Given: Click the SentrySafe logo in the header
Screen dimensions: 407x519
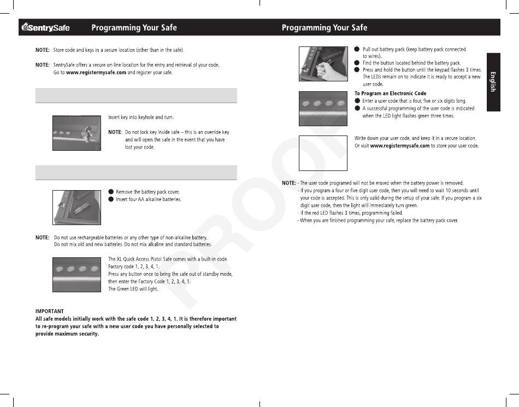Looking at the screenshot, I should (x=46, y=27).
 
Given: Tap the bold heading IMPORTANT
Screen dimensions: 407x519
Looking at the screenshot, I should (x=50, y=311).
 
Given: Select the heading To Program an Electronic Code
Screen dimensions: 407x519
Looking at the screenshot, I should (x=390, y=94).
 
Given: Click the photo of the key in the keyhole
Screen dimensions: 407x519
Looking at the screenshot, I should (x=76, y=133).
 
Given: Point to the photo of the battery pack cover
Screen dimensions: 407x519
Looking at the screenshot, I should (x=76, y=207).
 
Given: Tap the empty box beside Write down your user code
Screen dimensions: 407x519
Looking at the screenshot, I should (x=323, y=153).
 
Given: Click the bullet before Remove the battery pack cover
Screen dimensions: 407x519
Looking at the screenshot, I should (x=111, y=192).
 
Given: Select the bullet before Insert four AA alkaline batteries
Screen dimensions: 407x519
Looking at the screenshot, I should (x=111, y=199).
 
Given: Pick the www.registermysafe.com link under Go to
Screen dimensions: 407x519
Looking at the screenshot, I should (x=96, y=73).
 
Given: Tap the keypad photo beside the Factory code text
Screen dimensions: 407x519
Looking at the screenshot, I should (x=76, y=274).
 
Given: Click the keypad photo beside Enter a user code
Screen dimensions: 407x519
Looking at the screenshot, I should (x=323, y=108).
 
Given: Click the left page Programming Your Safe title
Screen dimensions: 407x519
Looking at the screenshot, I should (x=134, y=27).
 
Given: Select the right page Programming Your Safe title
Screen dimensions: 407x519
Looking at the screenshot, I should (x=325, y=27).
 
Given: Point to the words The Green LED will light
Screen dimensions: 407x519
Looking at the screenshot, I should (x=133, y=289).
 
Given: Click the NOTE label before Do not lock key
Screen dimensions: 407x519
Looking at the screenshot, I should (x=115, y=132).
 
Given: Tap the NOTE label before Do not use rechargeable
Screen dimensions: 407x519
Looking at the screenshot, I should (x=43, y=238).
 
